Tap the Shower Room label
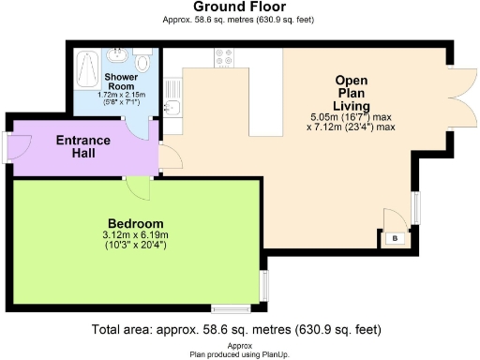[120, 82]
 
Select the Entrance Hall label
[83, 146]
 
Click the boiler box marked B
[395, 239]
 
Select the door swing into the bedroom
[139, 187]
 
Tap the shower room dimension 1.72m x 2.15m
[120, 96]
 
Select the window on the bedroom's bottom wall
[229, 307]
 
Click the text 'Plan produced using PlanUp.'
[239, 353]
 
